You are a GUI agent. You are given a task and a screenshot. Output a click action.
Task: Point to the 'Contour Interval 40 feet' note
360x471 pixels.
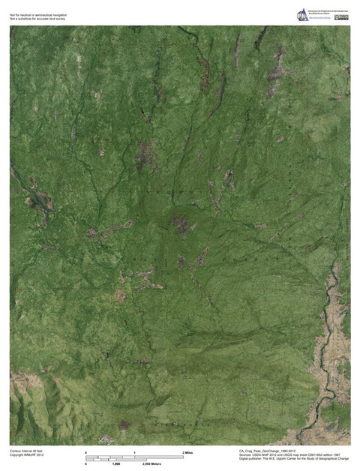click(26, 451)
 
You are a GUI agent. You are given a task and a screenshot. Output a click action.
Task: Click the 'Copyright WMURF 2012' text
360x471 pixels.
click(27, 455)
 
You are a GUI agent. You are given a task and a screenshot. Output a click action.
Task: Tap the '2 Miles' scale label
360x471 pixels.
click(188, 453)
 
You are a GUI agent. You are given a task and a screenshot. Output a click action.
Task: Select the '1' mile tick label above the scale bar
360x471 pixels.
click(135, 453)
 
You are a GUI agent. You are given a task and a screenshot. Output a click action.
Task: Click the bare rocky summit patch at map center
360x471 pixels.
click(180, 223)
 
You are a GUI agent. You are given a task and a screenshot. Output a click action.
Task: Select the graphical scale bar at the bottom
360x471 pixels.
click(135, 457)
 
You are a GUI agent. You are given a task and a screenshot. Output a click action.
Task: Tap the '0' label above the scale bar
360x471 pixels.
click(86, 453)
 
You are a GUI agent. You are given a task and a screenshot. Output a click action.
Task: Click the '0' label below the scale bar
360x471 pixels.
click(86, 464)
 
